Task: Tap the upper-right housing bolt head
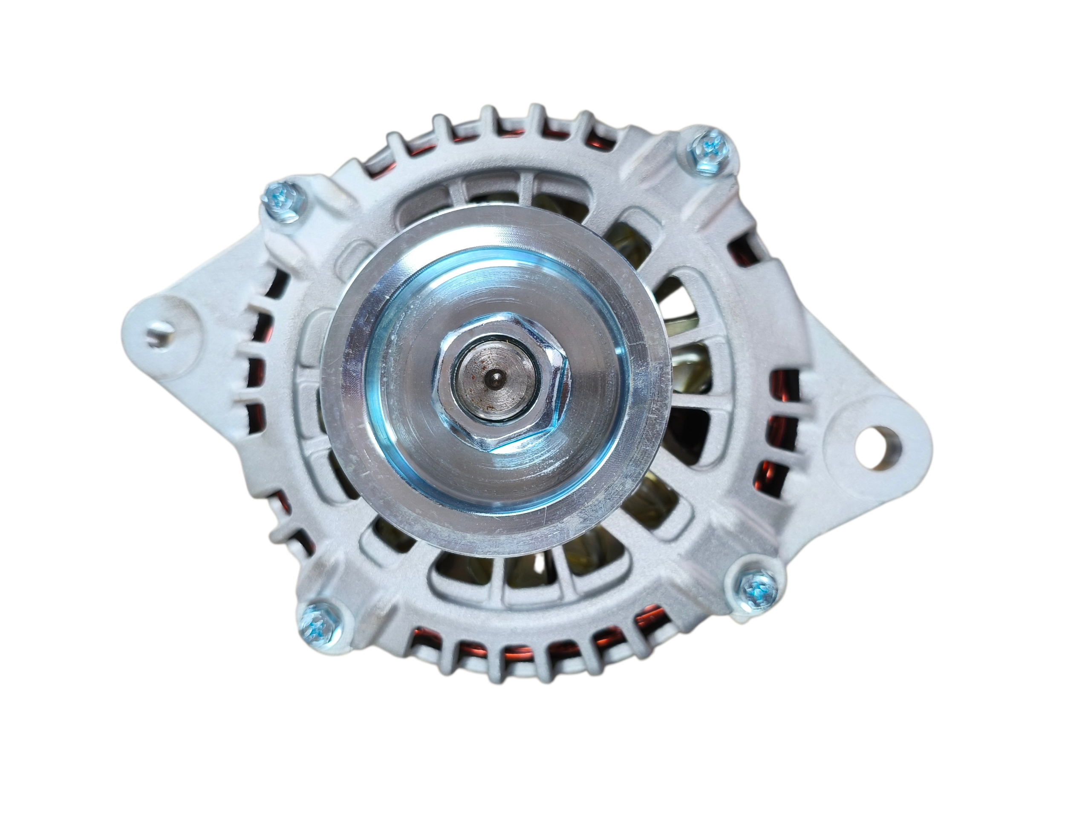click(709, 147)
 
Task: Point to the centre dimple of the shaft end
click(495, 379)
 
